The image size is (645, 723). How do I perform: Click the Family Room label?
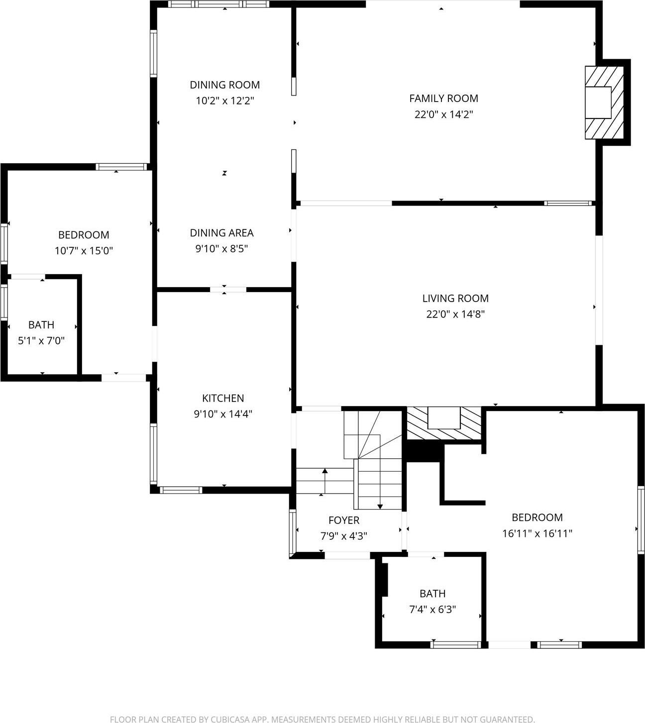pyautogui.click(x=443, y=99)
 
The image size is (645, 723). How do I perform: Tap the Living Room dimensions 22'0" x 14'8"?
pyautogui.click(x=455, y=314)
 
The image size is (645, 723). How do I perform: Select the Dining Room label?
pyautogui.click(x=224, y=85)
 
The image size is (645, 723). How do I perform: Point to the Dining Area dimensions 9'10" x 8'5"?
pyautogui.click(x=221, y=248)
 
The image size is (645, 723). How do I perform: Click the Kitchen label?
pyautogui.click(x=223, y=398)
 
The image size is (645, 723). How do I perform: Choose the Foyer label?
pyautogui.click(x=343, y=520)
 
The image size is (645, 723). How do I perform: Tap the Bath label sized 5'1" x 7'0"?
pyautogui.click(x=41, y=325)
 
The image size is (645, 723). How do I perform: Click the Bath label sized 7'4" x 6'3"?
pyautogui.click(x=432, y=594)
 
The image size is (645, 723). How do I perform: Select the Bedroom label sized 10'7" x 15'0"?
pyautogui.click(x=84, y=235)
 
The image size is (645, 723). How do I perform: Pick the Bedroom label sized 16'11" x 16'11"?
pyautogui.click(x=537, y=517)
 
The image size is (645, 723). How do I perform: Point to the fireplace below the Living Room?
pyautogui.click(x=444, y=422)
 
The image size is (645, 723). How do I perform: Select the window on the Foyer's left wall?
pyautogui.click(x=293, y=533)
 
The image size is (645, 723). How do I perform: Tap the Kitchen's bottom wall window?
pyautogui.click(x=181, y=490)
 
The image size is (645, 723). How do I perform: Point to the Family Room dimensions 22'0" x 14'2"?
pyautogui.click(x=443, y=114)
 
